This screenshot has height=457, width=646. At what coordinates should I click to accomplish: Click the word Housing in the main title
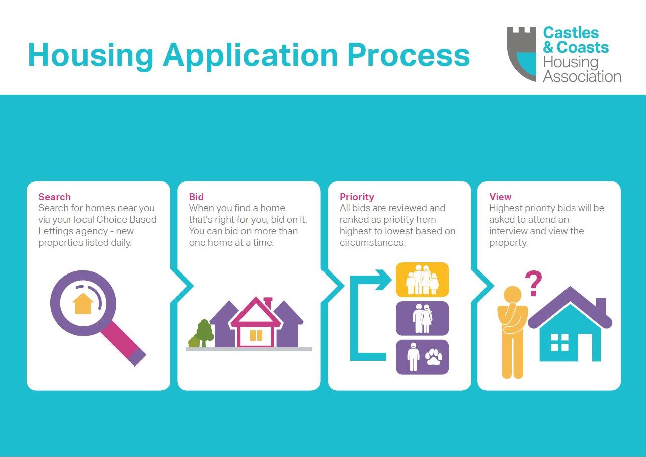click(91, 56)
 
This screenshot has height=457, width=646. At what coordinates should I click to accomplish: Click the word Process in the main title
click(409, 55)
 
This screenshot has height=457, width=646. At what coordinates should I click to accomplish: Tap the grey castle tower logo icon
click(521, 54)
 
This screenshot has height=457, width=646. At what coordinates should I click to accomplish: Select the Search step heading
click(54, 197)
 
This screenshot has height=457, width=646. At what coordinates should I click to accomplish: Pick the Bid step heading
click(196, 197)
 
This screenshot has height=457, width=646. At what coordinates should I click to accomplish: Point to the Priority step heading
click(357, 197)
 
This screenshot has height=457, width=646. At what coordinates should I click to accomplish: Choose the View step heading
click(500, 197)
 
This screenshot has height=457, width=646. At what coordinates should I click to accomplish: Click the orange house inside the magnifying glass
click(83, 303)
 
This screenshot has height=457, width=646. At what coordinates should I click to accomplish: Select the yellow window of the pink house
click(256, 335)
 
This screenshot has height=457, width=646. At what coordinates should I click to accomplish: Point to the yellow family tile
click(422, 280)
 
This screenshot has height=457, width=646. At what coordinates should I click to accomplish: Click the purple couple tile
click(422, 318)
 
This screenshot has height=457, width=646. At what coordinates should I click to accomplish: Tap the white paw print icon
click(434, 357)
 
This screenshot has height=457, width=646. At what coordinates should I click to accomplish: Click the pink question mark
click(533, 283)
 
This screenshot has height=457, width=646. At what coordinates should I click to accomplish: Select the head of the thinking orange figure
click(513, 295)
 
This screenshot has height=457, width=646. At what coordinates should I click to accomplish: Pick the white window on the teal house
click(559, 342)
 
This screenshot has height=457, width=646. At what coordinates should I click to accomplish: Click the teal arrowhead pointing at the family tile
click(383, 280)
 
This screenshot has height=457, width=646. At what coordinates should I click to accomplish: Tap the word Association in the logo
click(582, 76)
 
